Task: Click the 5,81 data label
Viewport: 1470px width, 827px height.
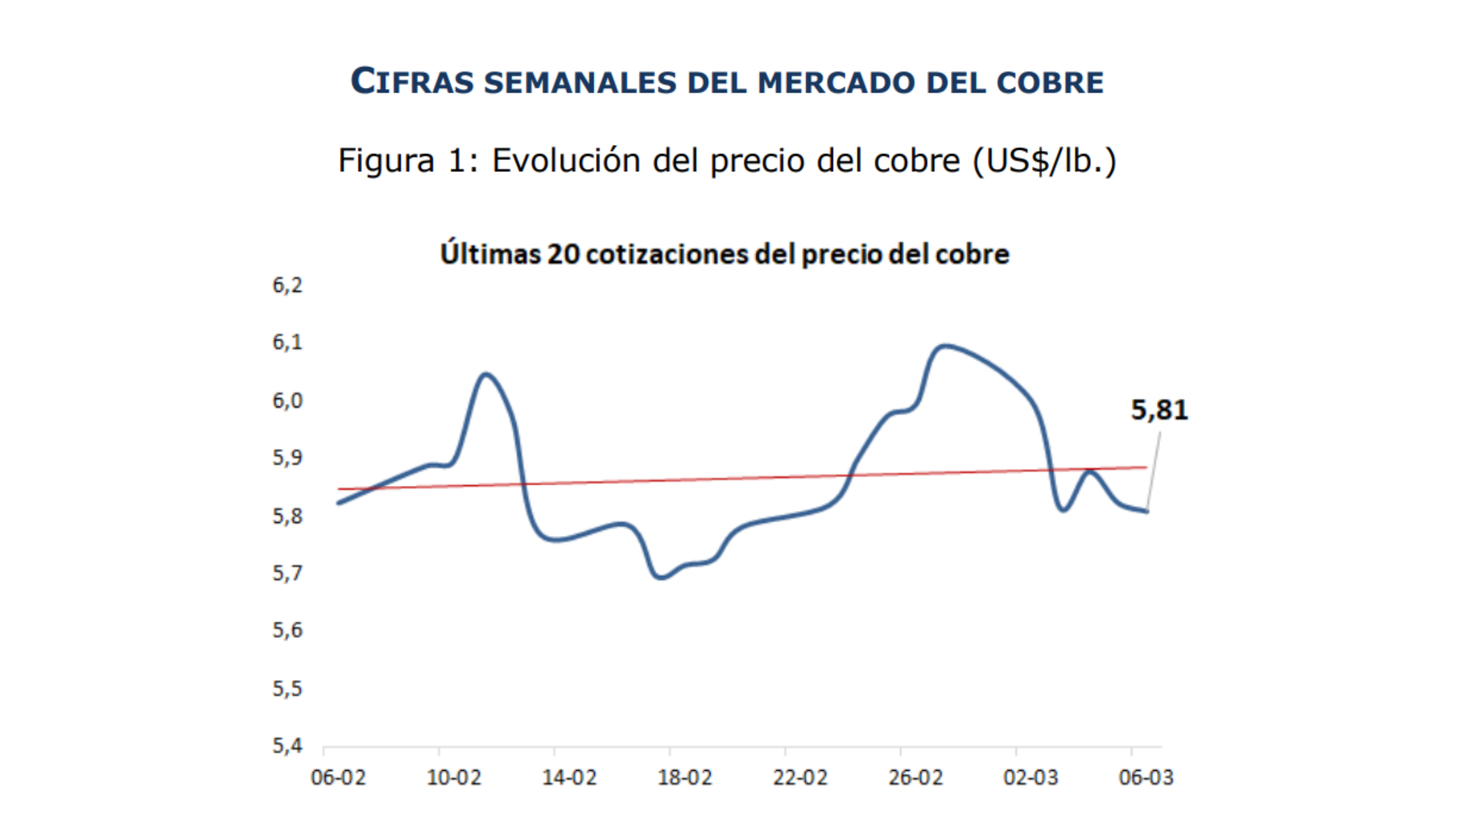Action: [x=1159, y=410]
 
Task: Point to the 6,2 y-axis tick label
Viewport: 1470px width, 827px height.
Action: [x=287, y=285]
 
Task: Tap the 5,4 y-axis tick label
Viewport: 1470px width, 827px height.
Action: [x=287, y=745]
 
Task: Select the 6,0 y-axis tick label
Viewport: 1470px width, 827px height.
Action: [x=287, y=400]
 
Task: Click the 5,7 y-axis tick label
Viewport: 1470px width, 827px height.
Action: [x=287, y=573]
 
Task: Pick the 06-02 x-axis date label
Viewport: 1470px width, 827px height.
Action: [x=338, y=778]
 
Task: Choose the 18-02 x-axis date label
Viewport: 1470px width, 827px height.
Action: [x=684, y=778]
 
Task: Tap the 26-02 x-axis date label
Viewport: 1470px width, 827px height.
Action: [x=915, y=778]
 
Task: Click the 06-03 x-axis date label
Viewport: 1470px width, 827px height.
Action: [x=1146, y=778]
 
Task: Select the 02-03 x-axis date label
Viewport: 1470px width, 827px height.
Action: [x=1031, y=778]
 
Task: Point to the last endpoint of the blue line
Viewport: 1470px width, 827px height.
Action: [x=1147, y=511]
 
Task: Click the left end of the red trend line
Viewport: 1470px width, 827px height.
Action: [x=339, y=489]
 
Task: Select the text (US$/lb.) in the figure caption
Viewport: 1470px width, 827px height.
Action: [x=1045, y=160]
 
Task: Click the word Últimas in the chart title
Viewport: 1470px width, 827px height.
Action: [x=490, y=254]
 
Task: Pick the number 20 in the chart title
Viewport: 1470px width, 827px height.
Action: [x=563, y=254]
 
